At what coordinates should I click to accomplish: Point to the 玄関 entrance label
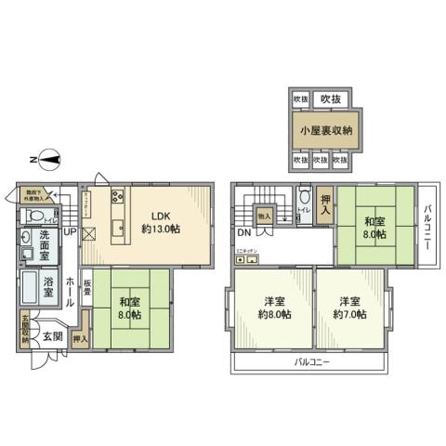pos(51,335)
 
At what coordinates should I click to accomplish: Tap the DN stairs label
pos(243,232)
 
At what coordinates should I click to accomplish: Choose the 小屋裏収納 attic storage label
pos(324,131)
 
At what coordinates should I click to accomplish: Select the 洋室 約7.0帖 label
pos(349,308)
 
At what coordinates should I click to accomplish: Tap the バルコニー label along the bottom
pos(314,361)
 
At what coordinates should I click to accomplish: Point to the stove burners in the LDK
pos(118,197)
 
